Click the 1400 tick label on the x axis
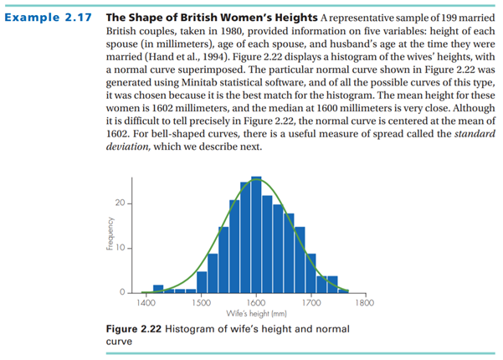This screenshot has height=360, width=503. tap(146, 301)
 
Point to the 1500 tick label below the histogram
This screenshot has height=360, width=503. tap(202, 301)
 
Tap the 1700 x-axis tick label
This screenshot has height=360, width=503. tap(311, 301)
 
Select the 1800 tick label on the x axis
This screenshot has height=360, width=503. tap(365, 301)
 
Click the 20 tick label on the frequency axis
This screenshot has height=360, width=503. tap(121, 204)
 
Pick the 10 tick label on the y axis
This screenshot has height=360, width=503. tap(121, 249)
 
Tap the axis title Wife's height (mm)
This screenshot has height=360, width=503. tap(256, 312)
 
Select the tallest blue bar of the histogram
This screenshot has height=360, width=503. tap(256, 234)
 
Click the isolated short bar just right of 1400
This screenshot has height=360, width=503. tap(158, 288)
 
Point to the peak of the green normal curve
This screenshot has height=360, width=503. tap(256, 180)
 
